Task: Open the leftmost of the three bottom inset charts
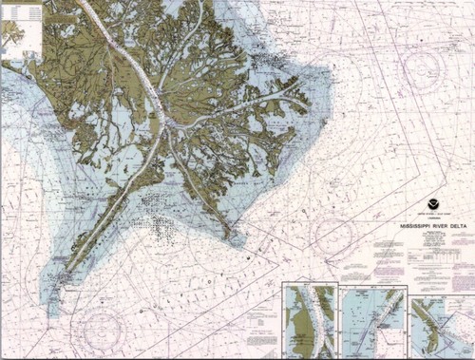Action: (x=310, y=318)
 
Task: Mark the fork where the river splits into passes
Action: (x=166, y=122)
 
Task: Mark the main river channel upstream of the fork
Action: (x=123, y=57)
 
